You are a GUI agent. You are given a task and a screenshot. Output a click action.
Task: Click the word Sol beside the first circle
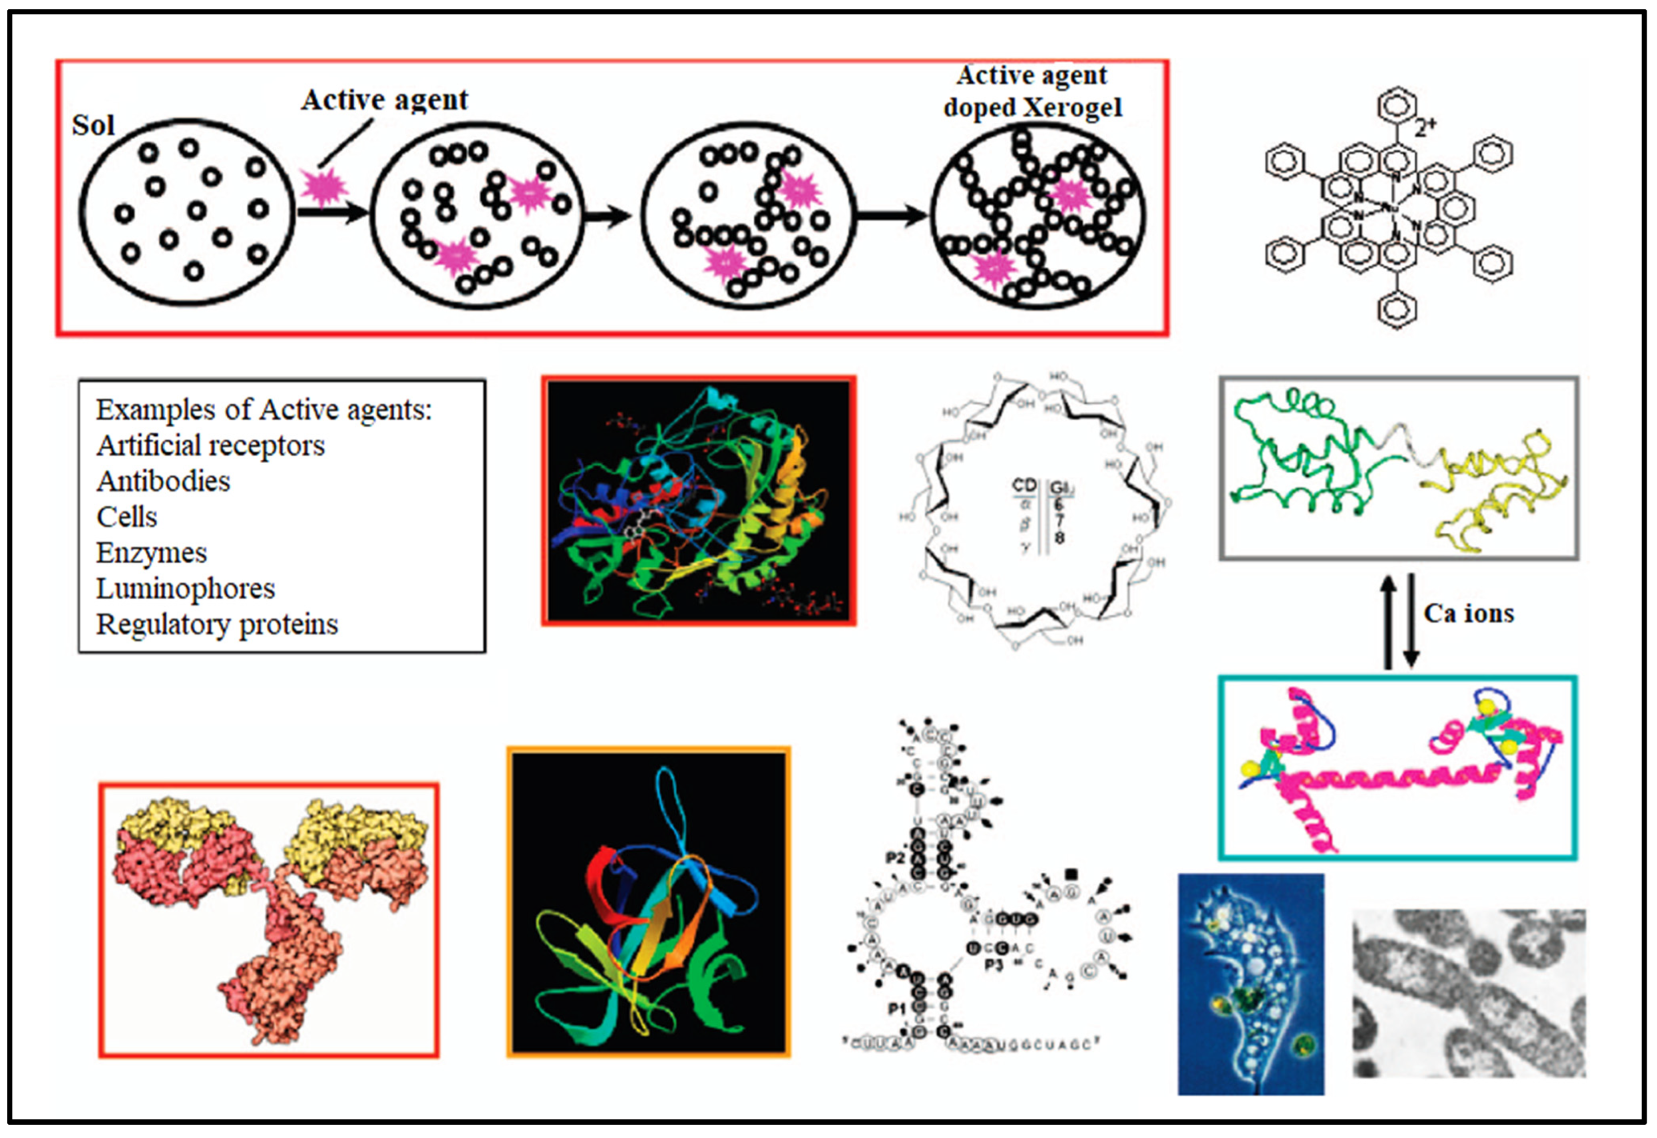click(x=93, y=125)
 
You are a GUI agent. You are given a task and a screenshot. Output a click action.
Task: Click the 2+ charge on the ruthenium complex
click(x=1425, y=127)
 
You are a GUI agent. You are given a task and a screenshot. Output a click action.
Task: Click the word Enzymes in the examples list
click(x=151, y=553)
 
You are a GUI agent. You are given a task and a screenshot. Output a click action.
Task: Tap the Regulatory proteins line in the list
click(x=217, y=624)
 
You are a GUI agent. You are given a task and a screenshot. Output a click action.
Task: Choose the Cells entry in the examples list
click(x=127, y=517)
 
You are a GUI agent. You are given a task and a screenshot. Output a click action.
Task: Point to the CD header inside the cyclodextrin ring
click(x=1024, y=486)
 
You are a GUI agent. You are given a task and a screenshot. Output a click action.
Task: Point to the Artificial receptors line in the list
click(x=210, y=446)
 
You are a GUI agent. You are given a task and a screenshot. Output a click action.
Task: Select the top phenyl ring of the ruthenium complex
click(x=1397, y=107)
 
